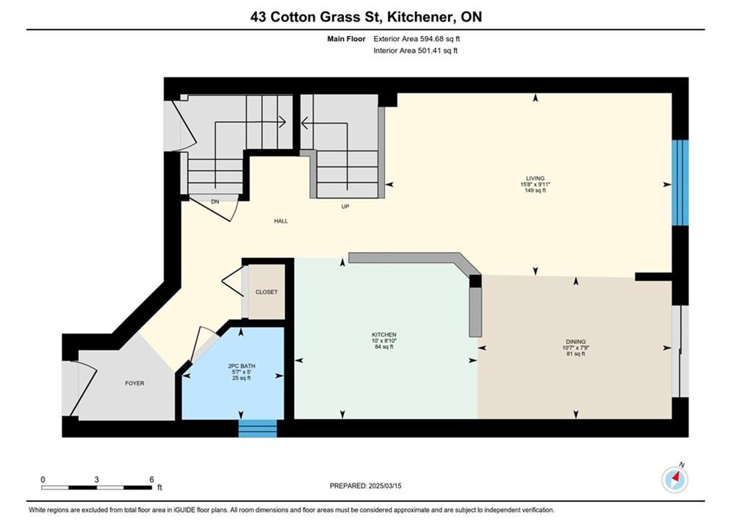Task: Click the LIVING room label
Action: (535, 178)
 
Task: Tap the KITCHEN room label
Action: (383, 334)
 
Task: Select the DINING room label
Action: (576, 342)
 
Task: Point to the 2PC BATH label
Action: (242, 366)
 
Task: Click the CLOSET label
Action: (266, 292)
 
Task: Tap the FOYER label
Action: (134, 383)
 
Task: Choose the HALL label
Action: (281, 221)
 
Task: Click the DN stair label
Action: (215, 202)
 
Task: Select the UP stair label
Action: (345, 206)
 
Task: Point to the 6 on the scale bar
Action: (151, 479)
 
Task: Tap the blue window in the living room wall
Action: (680, 183)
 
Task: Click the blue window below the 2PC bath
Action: (257, 428)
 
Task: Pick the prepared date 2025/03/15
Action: (385, 486)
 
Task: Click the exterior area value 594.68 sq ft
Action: (439, 39)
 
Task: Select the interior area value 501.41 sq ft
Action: (437, 51)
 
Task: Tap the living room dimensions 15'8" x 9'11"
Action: (535, 184)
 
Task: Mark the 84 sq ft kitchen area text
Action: (383, 347)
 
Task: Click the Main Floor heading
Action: (346, 39)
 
